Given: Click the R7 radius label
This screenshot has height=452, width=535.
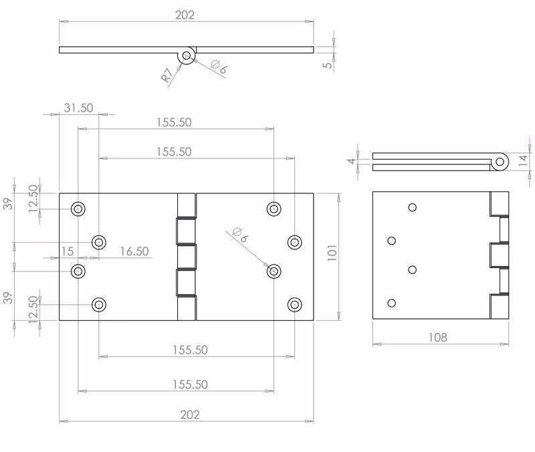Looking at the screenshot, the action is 167,76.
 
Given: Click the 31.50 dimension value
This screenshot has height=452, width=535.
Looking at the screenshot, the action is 78,108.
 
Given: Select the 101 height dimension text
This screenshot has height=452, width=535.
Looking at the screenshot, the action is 332,253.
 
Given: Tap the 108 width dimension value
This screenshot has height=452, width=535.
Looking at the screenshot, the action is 438,338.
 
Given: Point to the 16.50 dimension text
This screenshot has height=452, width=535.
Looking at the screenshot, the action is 134,251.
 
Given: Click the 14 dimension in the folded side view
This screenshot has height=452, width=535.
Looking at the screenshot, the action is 523,160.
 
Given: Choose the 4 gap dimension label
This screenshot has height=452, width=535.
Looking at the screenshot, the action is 352,160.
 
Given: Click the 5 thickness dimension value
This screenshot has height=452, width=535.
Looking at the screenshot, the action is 328,64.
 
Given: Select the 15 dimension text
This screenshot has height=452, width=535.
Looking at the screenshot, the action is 68,251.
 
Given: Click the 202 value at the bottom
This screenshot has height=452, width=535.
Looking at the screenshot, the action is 190,415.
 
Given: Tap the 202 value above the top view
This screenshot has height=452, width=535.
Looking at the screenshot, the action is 185,15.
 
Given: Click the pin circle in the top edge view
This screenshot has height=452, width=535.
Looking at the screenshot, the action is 187,55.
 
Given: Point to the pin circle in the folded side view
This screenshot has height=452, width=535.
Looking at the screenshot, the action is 500,162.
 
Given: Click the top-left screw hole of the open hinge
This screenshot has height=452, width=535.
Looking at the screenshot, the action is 78,209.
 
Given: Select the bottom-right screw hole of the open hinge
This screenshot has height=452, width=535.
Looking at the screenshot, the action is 294,305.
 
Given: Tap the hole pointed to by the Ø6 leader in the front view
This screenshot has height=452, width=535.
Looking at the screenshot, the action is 274,271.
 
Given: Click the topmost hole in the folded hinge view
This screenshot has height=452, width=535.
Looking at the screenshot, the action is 412,207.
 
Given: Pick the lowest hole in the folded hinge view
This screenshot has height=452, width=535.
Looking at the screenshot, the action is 392,303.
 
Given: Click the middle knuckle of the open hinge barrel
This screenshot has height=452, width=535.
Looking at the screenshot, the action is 187,257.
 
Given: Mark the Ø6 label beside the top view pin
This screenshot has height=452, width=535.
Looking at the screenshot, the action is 219,66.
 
